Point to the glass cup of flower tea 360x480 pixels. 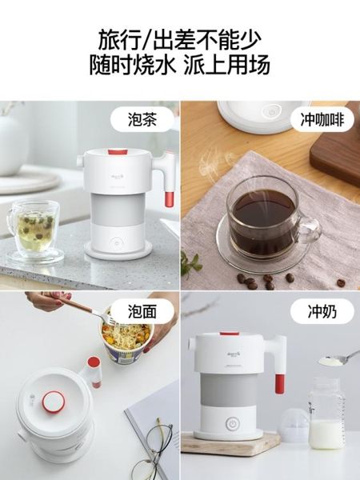coord(34,228)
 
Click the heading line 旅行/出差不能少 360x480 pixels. coord(180,38)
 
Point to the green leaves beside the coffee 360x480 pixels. coord(190,262)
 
